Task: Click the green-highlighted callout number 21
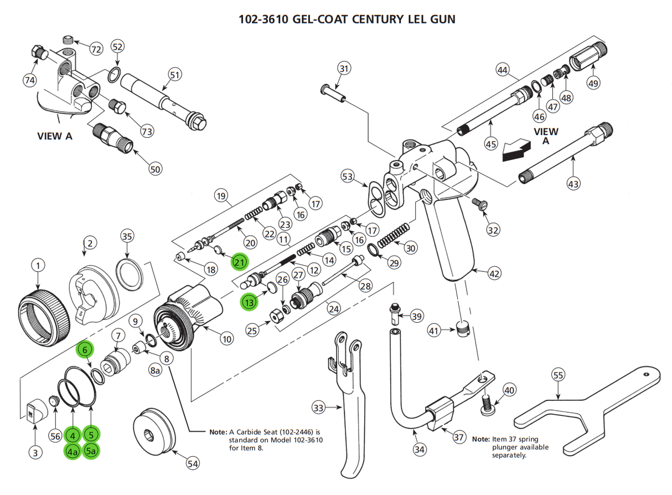click(x=239, y=262)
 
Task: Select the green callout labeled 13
click(x=249, y=302)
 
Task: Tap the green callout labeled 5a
click(x=91, y=451)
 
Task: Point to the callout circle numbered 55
click(x=558, y=375)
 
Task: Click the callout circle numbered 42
click(x=495, y=273)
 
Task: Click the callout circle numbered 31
click(x=344, y=69)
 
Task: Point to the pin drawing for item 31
click(x=333, y=93)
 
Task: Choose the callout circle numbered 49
click(x=593, y=84)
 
